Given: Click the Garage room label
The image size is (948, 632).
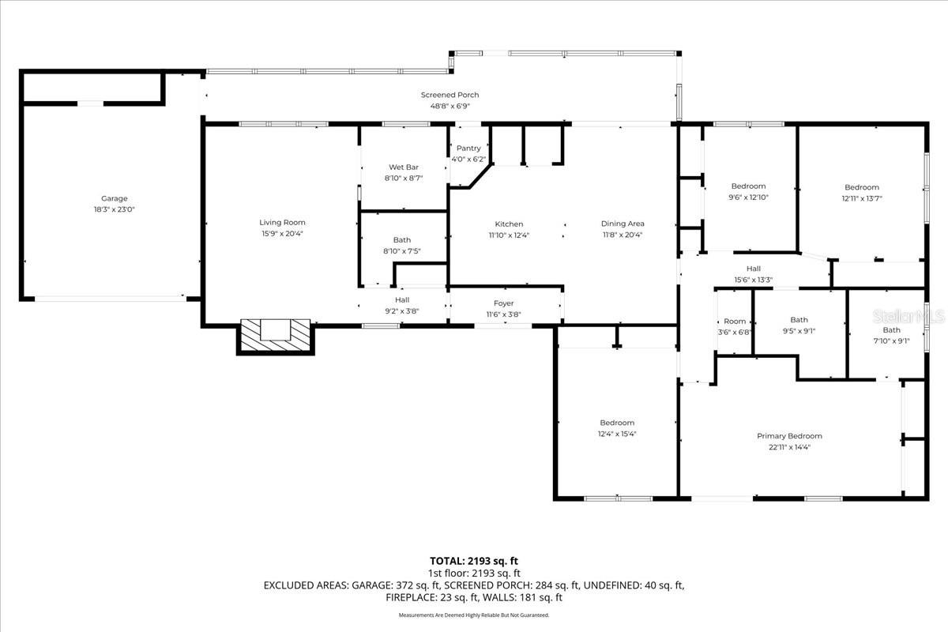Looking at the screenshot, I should (114, 199).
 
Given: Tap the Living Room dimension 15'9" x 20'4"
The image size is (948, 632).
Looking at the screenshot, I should (282, 233).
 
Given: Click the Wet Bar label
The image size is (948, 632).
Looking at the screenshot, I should (403, 167).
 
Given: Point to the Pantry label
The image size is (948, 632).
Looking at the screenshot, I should (468, 149).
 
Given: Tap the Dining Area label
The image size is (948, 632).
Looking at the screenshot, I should (623, 224).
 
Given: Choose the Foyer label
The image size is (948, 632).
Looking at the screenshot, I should (503, 303).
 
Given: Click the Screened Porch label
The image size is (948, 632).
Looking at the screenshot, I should (449, 95).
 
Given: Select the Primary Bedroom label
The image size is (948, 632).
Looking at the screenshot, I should (789, 436).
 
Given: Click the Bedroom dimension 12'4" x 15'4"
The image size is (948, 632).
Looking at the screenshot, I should (616, 433).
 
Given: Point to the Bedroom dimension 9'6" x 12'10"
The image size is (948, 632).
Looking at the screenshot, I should (748, 197).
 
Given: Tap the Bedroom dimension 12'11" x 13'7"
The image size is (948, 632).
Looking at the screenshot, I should (861, 198).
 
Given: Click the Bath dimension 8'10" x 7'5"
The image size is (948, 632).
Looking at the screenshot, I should (402, 251).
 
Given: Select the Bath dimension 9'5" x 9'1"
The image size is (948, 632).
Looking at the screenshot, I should (799, 331).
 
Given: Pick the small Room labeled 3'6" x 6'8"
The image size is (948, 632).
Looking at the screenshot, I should (735, 326).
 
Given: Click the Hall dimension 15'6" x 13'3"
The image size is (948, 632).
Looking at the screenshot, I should (753, 280).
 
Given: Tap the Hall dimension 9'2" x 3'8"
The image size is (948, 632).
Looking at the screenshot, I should (402, 311).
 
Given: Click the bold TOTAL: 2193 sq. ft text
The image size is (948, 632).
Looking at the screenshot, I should (474, 560).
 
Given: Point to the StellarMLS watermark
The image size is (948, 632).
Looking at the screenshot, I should (908, 316).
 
